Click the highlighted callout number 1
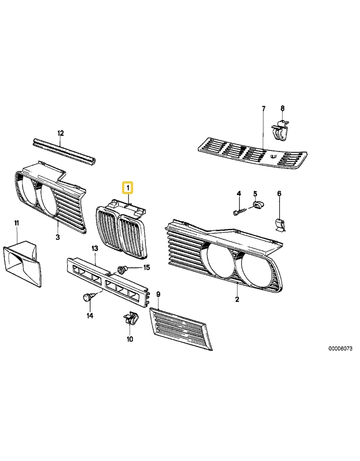coord(128,188)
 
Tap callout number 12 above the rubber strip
coord(60,133)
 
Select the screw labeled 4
coord(239,211)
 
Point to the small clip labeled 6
coord(281,225)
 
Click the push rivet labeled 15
coord(122,269)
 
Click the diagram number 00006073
coord(340,348)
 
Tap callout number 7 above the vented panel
coord(263,108)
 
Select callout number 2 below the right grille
coord(237,299)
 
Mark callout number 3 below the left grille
coord(58,237)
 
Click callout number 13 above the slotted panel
coord(94,249)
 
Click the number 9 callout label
coord(158,294)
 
